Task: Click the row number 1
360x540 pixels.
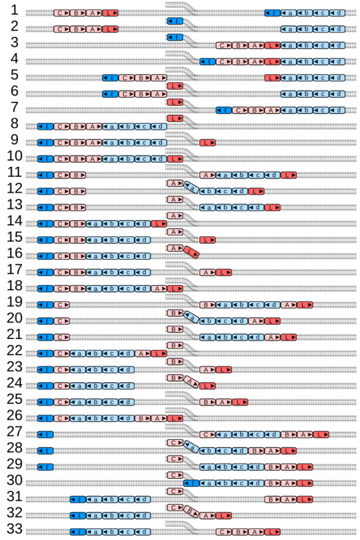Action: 14,11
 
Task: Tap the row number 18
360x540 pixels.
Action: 14,284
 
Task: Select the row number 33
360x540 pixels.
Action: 14,529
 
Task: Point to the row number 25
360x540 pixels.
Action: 14,398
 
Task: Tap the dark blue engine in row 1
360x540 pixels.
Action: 272,13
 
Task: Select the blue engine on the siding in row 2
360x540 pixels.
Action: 175,22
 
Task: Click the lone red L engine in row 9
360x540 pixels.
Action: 207,142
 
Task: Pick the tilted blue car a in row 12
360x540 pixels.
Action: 191,187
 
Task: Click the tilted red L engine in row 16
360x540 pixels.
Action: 191,252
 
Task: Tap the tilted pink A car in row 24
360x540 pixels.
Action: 191,382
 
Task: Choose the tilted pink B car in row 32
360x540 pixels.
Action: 191,511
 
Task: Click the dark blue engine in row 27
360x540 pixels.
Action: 45,434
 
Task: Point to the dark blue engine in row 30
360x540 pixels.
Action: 191,482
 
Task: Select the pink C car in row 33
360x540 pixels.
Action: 223,532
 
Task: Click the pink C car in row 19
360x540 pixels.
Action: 61,304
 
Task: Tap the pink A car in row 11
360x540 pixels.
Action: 207,175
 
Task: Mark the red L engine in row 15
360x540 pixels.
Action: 207,239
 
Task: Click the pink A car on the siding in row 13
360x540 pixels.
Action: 175,199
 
